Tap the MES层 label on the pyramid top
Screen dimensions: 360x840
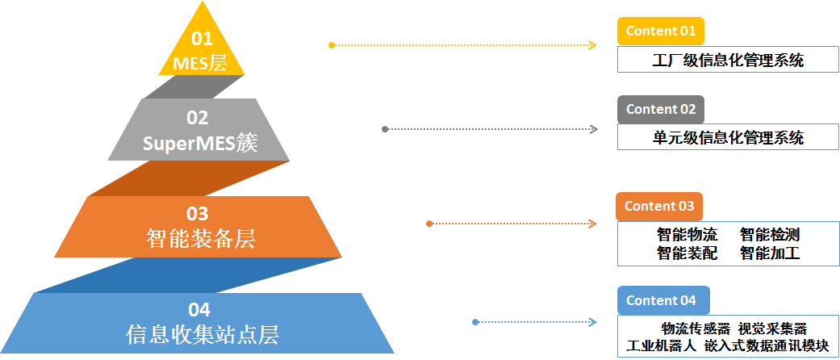[x=201, y=62]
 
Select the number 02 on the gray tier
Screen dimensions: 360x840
[x=198, y=118]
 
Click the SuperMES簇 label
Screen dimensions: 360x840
[x=198, y=144]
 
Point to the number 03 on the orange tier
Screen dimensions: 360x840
[x=198, y=214]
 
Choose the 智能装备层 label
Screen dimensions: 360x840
[x=198, y=239]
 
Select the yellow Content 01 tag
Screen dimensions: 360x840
[x=660, y=31]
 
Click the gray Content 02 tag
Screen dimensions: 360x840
[x=660, y=109]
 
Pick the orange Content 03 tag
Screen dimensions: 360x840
[x=658, y=206]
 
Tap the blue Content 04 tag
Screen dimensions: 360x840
[x=663, y=300]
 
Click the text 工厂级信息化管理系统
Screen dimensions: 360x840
[x=728, y=60]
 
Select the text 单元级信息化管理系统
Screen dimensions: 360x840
[x=728, y=137]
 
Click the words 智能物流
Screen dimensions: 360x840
[x=687, y=235]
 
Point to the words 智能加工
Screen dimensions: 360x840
[x=770, y=253]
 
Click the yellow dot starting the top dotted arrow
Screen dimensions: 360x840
[x=332, y=45]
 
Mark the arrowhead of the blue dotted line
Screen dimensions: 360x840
[x=593, y=322]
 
